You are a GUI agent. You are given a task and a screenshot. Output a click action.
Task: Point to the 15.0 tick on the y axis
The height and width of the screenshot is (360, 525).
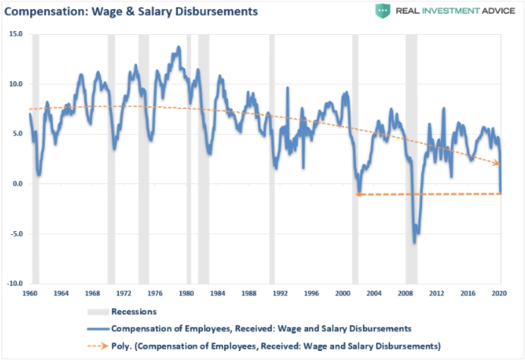pyautogui.click(x=16, y=35)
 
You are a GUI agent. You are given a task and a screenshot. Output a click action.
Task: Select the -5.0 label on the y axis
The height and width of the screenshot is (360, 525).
pyautogui.click(x=16, y=233)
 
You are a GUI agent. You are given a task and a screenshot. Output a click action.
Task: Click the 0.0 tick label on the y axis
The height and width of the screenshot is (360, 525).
pyautogui.click(x=17, y=183)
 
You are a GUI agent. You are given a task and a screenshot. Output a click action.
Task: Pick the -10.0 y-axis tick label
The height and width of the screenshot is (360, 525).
pyautogui.click(x=15, y=283)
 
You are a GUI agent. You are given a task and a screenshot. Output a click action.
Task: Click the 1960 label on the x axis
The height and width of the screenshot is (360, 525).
pyautogui.click(x=30, y=293)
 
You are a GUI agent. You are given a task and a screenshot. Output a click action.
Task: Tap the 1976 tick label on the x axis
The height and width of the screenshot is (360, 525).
pyautogui.click(x=155, y=293)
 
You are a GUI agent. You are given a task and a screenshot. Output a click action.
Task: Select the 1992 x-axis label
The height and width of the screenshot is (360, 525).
pyautogui.click(x=280, y=293)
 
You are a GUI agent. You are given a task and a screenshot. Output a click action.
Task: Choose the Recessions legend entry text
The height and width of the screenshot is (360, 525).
pyautogui.click(x=134, y=311)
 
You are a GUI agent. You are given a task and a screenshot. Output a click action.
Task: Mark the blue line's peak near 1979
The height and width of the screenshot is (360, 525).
pyautogui.click(x=179, y=47)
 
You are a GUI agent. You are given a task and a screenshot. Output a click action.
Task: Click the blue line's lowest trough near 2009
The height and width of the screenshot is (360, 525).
pyautogui.click(x=414, y=243)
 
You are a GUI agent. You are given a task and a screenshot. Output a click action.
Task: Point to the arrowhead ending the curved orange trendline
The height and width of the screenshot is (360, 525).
pyautogui.click(x=498, y=163)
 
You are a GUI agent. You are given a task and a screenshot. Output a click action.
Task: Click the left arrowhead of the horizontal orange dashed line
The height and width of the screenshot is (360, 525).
pyautogui.click(x=357, y=195)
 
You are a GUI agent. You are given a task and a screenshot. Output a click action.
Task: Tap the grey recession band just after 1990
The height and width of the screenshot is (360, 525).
pyautogui.click(x=272, y=152)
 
